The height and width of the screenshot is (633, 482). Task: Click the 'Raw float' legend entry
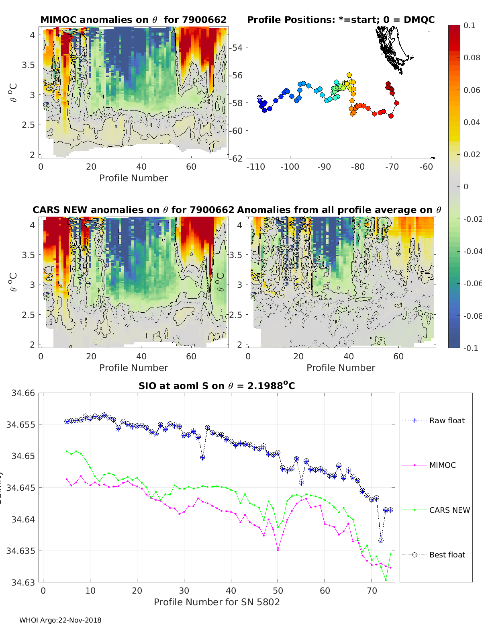447,420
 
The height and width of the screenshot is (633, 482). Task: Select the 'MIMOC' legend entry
442,465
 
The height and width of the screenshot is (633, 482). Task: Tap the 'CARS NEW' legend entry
449,510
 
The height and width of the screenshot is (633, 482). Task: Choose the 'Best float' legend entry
447,555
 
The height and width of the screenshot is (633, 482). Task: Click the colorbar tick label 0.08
472,57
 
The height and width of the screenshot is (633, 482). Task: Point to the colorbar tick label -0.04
472,251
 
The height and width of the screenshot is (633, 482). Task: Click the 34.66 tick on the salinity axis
23,393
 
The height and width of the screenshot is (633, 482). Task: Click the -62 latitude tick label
236,158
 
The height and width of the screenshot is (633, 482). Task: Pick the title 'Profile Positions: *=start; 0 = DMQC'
341,20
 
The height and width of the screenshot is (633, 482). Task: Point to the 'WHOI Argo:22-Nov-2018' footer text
60,620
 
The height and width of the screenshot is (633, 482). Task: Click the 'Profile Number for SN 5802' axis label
216,602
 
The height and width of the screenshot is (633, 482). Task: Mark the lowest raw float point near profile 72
381,541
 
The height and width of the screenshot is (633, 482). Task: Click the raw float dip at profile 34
202,457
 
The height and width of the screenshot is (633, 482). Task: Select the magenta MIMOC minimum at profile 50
278,550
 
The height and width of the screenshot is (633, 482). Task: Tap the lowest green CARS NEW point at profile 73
386,580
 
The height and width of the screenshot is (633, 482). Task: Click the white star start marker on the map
259,98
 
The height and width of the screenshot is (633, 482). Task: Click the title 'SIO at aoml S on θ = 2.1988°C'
216,386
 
